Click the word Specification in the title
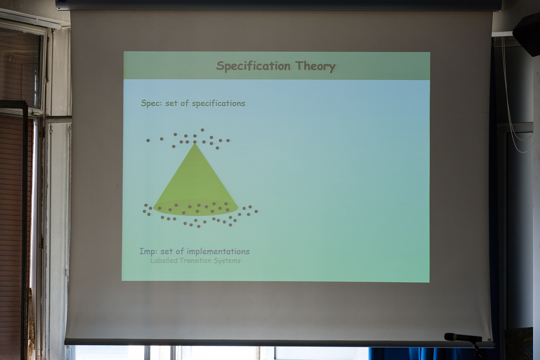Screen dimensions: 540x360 coord(253,66)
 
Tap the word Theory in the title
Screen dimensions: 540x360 coord(315,66)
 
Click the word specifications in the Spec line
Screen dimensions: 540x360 coord(218,103)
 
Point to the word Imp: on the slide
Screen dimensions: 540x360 coord(148,252)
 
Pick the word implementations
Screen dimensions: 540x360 coord(218,252)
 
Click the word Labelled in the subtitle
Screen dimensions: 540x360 coord(164,261)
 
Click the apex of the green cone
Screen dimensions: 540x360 coord(195,144)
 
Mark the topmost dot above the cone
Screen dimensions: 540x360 coord(202,130)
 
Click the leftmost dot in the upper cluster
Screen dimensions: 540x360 coord(148,141)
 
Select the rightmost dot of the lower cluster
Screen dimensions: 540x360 coord(256,211)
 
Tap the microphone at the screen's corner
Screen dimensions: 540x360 coord(463,337)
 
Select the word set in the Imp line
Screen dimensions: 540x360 coord(166,252)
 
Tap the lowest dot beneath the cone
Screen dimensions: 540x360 coord(199,226)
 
